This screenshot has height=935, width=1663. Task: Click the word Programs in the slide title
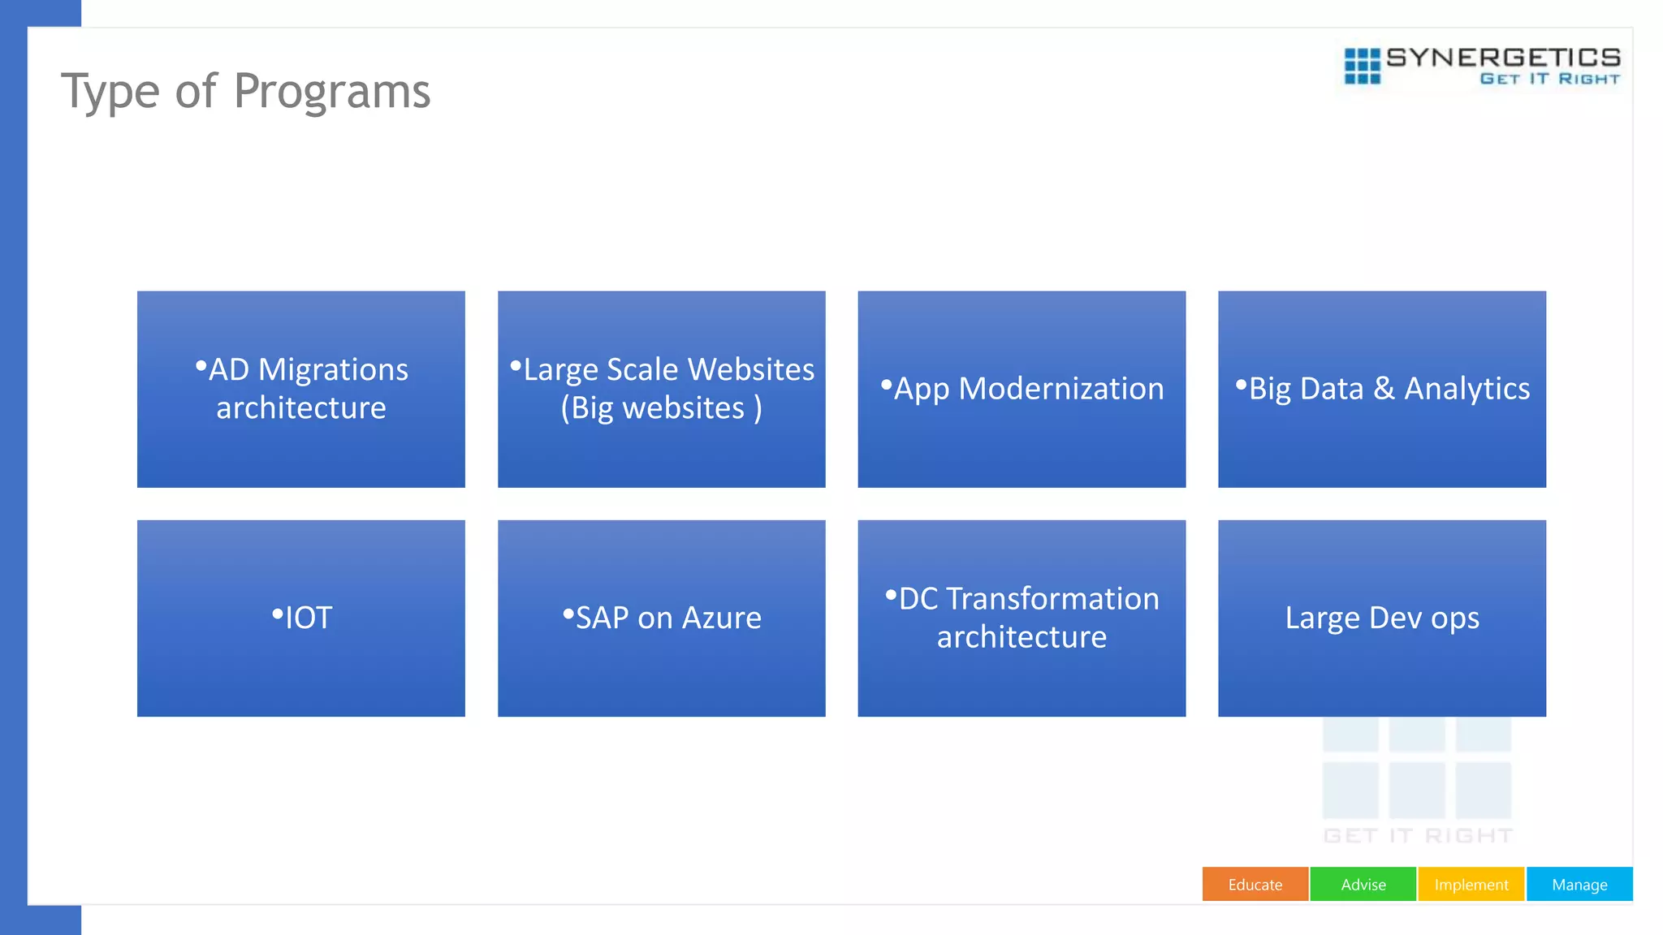tap(331, 91)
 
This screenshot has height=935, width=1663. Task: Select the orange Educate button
tap(1255, 885)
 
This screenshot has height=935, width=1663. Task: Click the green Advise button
tap(1363, 885)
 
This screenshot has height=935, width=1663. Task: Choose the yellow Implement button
tap(1471, 885)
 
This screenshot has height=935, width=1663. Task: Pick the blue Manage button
tap(1579, 885)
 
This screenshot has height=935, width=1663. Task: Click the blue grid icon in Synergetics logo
tap(1362, 66)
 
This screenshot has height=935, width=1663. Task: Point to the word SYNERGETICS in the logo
tap(1503, 58)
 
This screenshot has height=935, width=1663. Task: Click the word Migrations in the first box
tap(333, 370)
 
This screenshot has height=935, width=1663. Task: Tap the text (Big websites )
tap(661, 408)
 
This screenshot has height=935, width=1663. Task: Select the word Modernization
tap(1060, 389)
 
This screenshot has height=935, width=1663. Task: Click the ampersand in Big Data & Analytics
tap(1384, 389)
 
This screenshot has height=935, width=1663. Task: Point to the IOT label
tap(309, 618)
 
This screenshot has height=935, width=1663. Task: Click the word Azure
tap(721, 618)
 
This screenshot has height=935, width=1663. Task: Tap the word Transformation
tap(1052, 599)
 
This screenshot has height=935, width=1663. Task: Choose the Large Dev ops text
tap(1382, 618)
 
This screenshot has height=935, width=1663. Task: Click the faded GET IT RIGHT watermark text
tap(1418, 836)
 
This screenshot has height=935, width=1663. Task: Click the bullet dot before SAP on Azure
tap(568, 614)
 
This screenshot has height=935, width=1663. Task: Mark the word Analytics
tap(1466, 389)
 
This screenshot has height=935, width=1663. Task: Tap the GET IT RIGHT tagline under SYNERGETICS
tap(1549, 79)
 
